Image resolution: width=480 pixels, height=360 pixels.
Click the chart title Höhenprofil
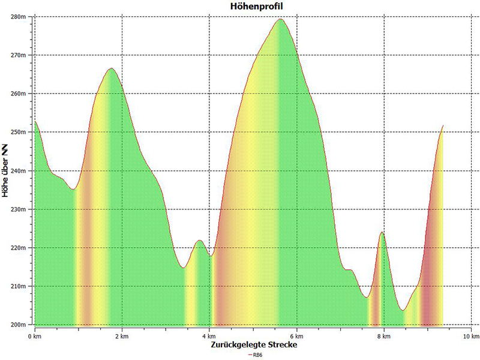pyautogui.click(x=257, y=6)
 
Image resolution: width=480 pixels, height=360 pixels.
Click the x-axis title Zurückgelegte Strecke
pyautogui.click(x=254, y=344)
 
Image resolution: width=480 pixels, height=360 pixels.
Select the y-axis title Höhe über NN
pyautogui.click(x=5, y=170)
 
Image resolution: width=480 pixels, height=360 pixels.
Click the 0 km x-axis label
pyautogui.click(x=34, y=337)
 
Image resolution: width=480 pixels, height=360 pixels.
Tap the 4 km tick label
pyautogui.click(x=209, y=337)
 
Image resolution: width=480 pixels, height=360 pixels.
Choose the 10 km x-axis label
pyautogui.click(x=471, y=337)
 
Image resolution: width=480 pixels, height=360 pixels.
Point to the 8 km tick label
pyautogui.click(x=384, y=337)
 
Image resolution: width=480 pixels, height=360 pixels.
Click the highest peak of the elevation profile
pyautogui.click(x=280, y=19)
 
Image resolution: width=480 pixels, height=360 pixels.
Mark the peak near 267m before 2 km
pyautogui.click(x=112, y=68)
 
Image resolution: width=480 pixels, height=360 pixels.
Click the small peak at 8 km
pyautogui.click(x=382, y=232)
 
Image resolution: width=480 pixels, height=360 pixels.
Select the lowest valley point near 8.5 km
pyautogui.click(x=403, y=310)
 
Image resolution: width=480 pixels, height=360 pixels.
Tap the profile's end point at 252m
pyautogui.click(x=443, y=125)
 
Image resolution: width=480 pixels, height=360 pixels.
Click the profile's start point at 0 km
pyautogui.click(x=35, y=122)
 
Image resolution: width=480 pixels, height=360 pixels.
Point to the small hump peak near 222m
pyautogui.click(x=200, y=241)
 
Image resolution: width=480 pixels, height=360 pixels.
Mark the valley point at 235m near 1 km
pyautogui.click(x=73, y=190)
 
